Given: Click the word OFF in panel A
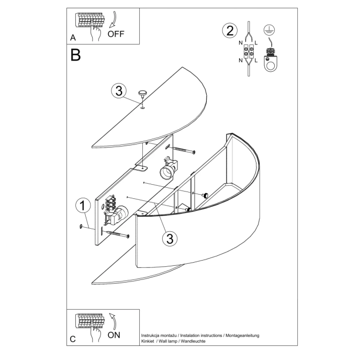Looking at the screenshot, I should (117, 34).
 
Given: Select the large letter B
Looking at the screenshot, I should (76, 54).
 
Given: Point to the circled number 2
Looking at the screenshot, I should (228, 30).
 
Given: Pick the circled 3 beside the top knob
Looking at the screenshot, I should (119, 91).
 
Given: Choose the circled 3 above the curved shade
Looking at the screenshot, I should (168, 239).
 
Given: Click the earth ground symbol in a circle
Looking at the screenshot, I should (271, 30).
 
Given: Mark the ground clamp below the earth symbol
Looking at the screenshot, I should (271, 60).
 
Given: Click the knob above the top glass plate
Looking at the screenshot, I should (142, 94).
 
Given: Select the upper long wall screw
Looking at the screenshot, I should (183, 150).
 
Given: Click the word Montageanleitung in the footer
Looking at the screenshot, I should (241, 335).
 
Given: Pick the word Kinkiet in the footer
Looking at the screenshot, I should (149, 341).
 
